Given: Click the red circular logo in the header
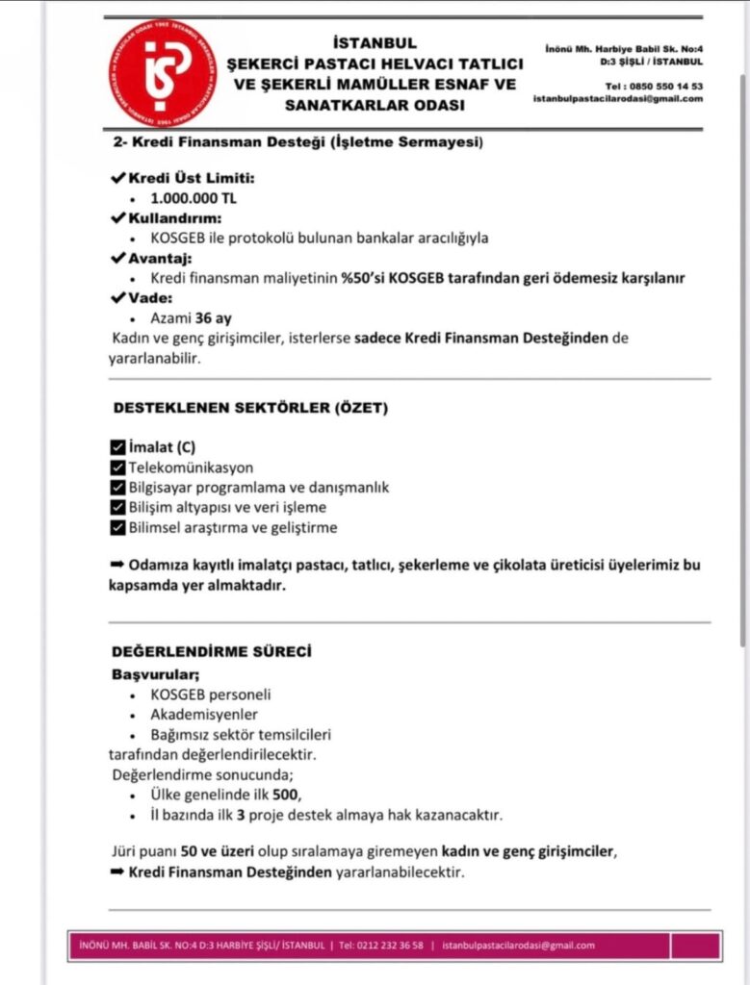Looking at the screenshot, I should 162,71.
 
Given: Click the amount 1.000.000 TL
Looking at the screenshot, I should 193,198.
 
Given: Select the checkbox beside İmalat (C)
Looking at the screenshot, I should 118,446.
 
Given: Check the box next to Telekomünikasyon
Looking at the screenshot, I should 118,467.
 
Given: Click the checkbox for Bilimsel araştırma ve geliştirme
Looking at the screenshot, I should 118,527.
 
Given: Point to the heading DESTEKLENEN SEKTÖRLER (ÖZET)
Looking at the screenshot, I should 250,408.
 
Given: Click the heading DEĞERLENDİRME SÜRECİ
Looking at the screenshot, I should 211,651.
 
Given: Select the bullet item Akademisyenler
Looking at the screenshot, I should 204,715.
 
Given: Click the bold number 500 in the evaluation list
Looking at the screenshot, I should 285,795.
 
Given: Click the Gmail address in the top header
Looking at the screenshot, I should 617,98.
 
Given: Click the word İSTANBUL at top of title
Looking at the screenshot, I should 374,43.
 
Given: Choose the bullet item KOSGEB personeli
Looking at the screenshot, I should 211,695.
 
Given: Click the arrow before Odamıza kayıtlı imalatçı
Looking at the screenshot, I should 118,565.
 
